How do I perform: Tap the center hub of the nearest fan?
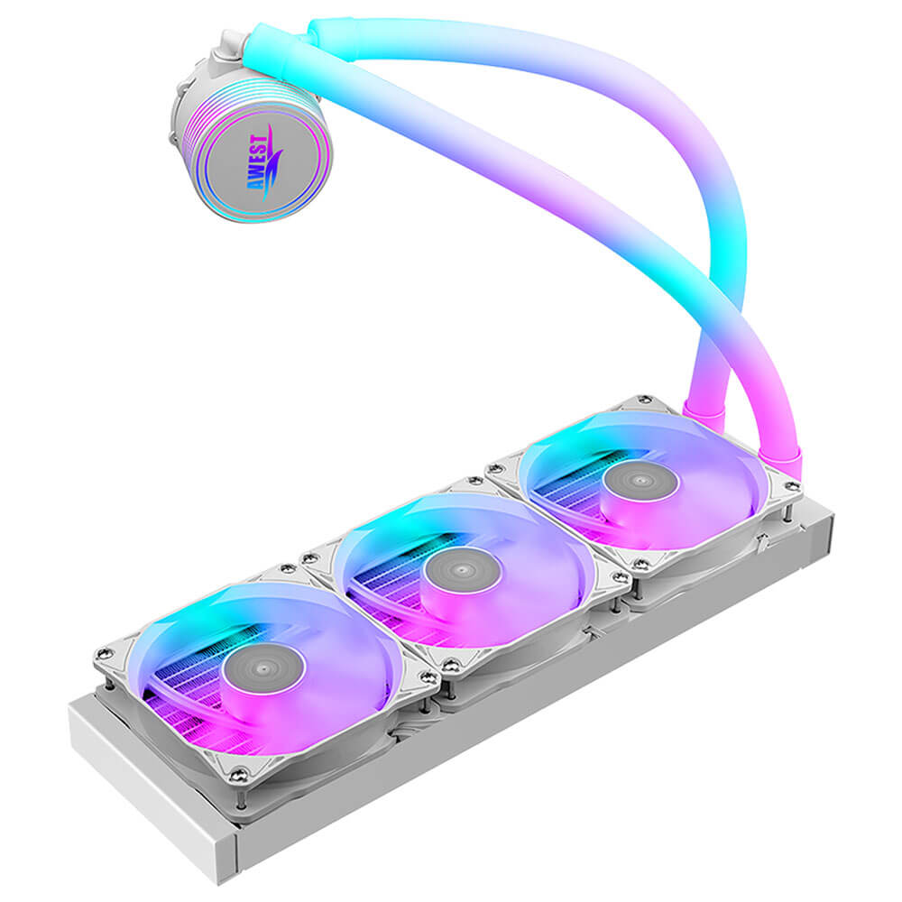tap(263, 669)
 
